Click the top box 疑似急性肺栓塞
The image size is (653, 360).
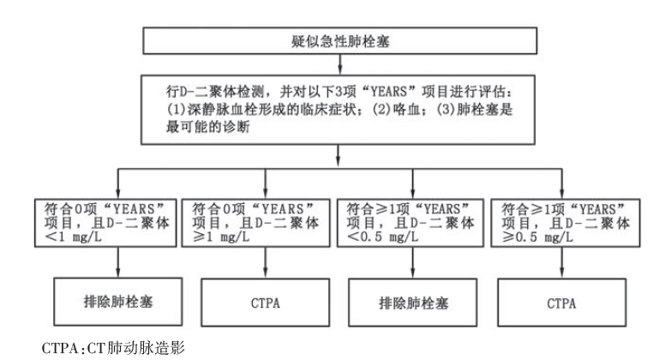[340, 41]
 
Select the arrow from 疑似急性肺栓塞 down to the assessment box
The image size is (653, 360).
[340, 64]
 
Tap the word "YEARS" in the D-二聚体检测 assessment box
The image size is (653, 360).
[388, 91]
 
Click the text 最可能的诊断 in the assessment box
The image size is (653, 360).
[207, 127]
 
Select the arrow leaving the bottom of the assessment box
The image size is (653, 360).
[338, 155]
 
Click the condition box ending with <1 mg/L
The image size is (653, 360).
[105, 223]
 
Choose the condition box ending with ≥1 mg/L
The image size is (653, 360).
[255, 223]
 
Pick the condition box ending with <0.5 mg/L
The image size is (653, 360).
[410, 223]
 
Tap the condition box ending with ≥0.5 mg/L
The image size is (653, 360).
[565, 223]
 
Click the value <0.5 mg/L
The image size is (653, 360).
[383, 237]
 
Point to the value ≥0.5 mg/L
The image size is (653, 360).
[537, 237]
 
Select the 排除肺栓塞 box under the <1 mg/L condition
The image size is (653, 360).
[118, 302]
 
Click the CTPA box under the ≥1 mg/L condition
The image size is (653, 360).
[266, 302]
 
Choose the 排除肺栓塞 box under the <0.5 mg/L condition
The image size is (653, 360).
[413, 302]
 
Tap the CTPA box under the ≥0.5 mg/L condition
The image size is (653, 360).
[562, 302]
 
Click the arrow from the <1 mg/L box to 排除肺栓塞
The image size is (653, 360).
[118, 262]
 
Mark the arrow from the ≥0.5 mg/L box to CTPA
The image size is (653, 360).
[562, 263]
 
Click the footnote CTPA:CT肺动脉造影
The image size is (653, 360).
[113, 348]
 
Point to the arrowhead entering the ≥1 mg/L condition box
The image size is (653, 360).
[266, 195]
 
